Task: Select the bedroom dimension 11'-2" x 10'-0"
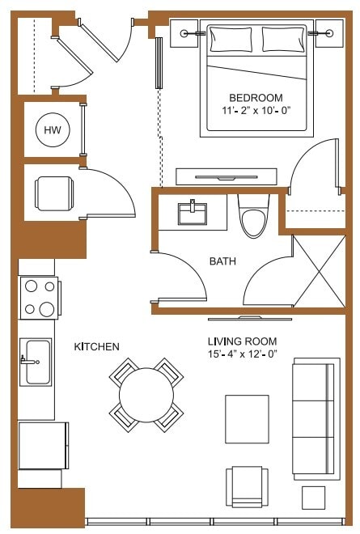[256, 109]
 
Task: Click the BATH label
[222, 261]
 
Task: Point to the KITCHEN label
[97, 347]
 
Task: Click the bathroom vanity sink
[192, 213]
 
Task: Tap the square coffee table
[247, 417]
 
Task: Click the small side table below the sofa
[313, 497]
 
